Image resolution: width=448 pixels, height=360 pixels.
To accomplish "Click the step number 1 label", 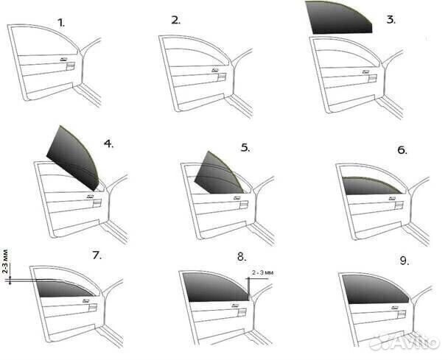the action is coord(61,23).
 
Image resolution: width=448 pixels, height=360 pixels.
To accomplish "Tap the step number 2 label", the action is coord(175,21).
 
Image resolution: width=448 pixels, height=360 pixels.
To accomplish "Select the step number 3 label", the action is coord(391,20).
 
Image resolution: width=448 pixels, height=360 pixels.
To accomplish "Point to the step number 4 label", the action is coord(108,144).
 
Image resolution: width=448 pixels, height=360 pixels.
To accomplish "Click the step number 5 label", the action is coord(245,147).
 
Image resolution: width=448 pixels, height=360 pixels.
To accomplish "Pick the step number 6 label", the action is coord(402,150).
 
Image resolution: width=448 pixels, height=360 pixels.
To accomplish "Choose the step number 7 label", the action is coord(97,255).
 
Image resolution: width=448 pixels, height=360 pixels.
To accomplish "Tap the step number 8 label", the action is coord(242,257).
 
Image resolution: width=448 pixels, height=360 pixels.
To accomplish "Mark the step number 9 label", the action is coord(404,261).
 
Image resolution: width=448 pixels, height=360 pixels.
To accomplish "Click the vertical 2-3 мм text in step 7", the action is coord(5,261).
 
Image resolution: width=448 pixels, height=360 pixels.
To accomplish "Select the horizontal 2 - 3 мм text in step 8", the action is coord(262,272).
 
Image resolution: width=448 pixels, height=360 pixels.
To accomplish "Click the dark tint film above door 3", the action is coord(339,17).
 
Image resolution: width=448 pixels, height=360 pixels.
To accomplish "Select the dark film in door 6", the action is coord(371,186).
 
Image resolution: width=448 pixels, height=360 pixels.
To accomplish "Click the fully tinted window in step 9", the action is coord(374,289).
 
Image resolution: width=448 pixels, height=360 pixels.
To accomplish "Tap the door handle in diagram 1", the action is coord(71,66).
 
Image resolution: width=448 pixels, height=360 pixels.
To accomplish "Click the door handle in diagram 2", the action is coord(222,77).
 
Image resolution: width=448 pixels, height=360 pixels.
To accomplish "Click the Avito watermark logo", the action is coord(404,342).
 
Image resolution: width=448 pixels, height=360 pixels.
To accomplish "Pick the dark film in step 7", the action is coord(65,289).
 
